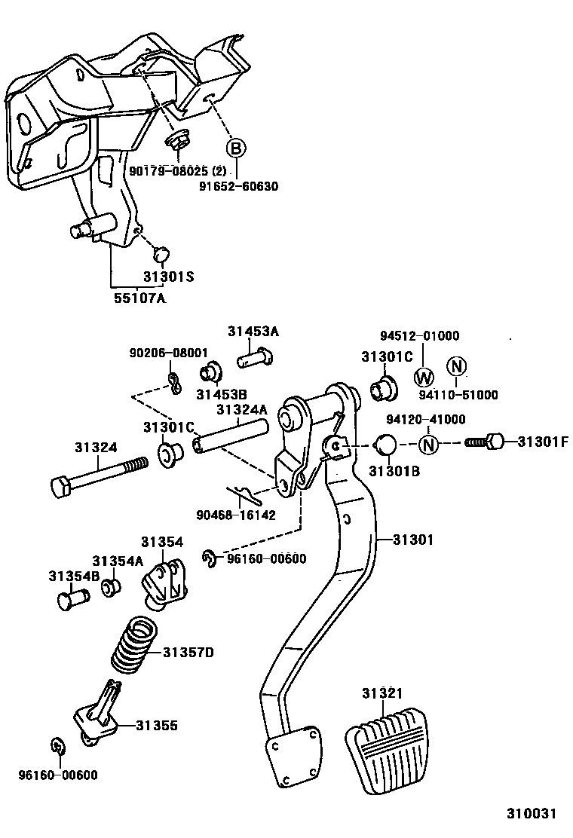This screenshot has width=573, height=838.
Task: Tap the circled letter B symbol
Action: click(236, 148)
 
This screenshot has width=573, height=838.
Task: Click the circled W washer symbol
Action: click(424, 377)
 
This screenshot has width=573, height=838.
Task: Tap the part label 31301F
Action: click(542, 442)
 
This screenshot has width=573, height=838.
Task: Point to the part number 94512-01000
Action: click(419, 336)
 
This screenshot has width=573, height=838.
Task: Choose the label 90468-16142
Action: click(235, 515)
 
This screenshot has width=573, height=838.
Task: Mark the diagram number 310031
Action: click(530, 814)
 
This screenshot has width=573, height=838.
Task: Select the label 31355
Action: click(157, 726)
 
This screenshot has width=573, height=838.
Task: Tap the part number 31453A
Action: click(253, 331)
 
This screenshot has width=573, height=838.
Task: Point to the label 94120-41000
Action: click(426, 420)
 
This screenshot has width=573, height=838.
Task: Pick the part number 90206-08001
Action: click(167, 353)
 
